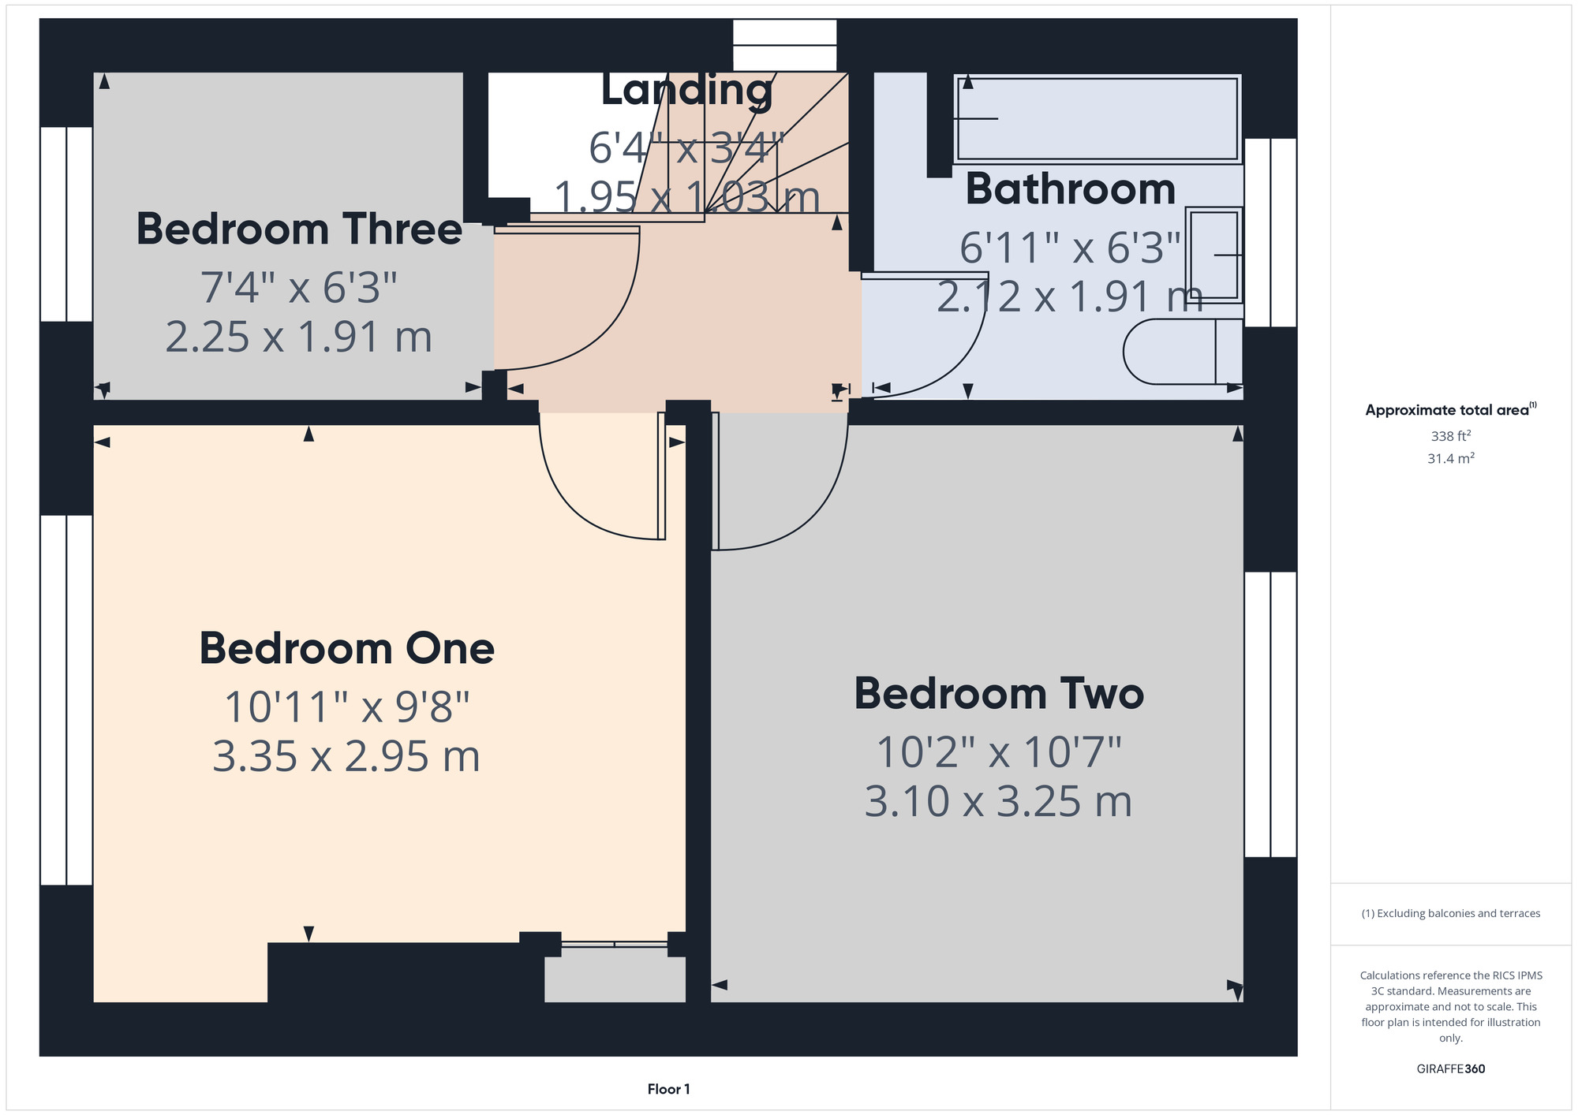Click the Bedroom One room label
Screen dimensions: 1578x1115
[346, 649]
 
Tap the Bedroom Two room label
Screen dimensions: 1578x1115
[999, 694]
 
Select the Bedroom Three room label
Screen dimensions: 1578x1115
[299, 229]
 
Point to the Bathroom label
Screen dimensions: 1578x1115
[1071, 189]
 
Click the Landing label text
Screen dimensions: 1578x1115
[687, 90]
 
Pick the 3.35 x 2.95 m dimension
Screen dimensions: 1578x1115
[346, 756]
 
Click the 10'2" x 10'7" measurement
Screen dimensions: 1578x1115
[999, 751]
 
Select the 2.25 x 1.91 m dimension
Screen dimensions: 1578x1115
[299, 337]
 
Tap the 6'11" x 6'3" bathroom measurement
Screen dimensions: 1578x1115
[1071, 248]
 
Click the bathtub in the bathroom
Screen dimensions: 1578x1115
[1097, 118]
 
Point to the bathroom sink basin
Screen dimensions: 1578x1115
[1213, 255]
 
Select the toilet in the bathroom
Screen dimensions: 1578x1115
[1183, 352]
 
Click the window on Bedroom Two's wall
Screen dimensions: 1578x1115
[1270, 714]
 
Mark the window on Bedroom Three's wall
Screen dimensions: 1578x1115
[66, 224]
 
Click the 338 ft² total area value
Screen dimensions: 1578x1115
[1451, 435]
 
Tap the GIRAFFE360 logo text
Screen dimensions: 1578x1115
[1451, 1069]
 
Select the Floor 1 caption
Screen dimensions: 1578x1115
[669, 1089]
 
